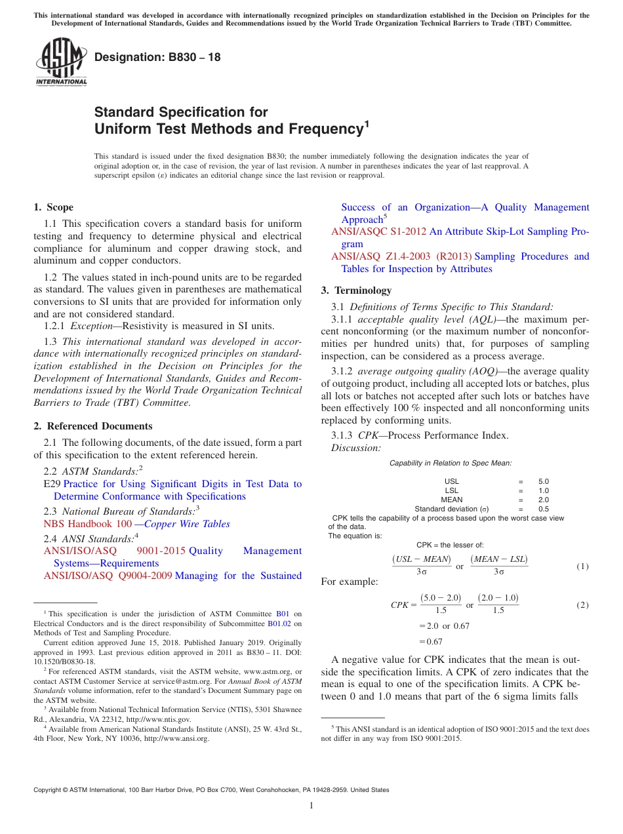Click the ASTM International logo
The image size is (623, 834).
pos(60,62)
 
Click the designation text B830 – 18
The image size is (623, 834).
pos(157,57)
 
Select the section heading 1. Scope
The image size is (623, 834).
pos(53,207)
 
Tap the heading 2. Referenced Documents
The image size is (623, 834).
pos(92,426)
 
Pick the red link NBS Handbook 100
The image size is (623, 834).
pos(87,524)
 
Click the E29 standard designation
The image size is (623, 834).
pos(51,484)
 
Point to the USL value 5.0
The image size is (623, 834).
pos(543,481)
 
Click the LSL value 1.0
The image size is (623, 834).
pos(543,490)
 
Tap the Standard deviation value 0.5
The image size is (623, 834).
pos(543,509)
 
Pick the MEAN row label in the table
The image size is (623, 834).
pos(451,500)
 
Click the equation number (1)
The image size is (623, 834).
pos(582,566)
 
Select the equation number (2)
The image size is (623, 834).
pos(582,605)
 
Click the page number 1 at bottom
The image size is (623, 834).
pos(311,805)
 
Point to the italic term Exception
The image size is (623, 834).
pos(91,326)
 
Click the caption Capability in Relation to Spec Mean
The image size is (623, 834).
pos(451,463)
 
